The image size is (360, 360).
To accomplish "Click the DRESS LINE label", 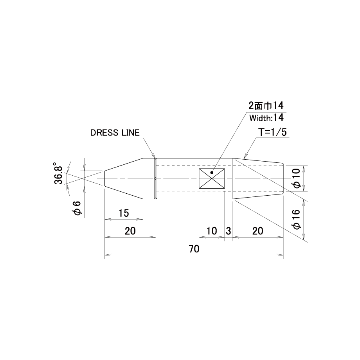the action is pos(115,133).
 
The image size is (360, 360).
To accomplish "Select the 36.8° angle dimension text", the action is pos(58,174).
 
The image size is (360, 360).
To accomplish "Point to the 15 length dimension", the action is pos(124,213).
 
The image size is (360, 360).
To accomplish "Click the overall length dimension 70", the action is pos(194,249).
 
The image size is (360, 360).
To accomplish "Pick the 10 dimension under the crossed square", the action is pos(211,231).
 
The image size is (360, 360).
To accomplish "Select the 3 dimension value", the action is pos(228,231).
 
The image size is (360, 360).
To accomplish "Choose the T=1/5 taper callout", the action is pos(272,133).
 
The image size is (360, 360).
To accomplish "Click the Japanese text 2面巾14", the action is pos(266,106).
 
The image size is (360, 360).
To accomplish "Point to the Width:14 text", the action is pos(266,118).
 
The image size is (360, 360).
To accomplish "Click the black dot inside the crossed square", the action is pos(212,173).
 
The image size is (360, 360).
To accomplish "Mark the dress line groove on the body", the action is pos(156,178).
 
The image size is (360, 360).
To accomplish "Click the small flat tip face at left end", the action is pos(105,178).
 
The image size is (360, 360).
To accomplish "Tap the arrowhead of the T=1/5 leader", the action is pos(245,157).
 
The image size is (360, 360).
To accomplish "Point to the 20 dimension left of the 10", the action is pos(130,231).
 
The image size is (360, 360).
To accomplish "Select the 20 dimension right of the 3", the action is pos(257,231).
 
